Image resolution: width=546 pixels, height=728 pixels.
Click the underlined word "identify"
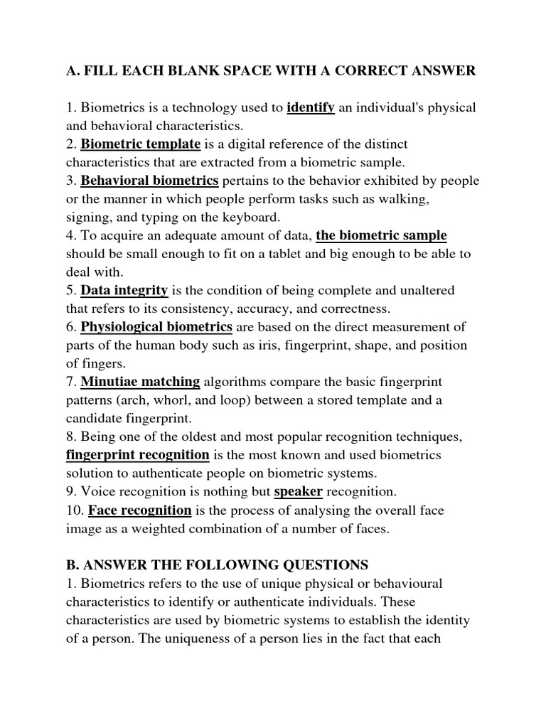(x=311, y=108)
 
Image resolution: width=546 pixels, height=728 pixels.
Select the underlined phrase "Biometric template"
(x=140, y=144)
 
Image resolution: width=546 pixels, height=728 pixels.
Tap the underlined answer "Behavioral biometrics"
(x=149, y=181)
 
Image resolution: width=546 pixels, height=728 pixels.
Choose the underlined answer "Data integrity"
(x=124, y=290)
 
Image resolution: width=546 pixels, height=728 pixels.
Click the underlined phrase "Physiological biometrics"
(x=156, y=326)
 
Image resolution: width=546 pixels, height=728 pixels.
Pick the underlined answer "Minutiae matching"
(x=140, y=381)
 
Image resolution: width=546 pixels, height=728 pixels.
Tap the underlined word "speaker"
(x=299, y=491)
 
